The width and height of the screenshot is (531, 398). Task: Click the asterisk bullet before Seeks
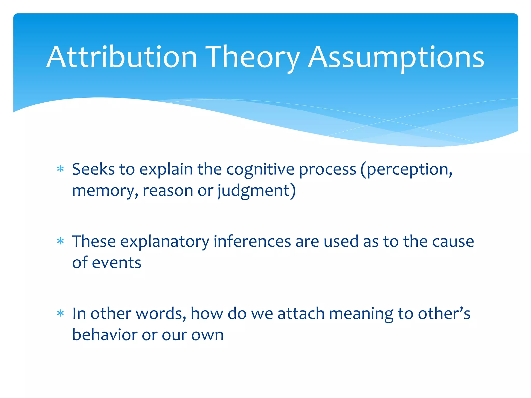[60, 169]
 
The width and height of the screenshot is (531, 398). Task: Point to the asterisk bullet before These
[60, 241]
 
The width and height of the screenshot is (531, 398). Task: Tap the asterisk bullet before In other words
[60, 314]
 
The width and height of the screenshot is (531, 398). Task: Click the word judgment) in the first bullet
[256, 191]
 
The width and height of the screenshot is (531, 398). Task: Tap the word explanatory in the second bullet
[164, 242]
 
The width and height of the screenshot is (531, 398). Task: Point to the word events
[116, 263]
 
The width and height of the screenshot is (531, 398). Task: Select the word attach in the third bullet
[301, 314]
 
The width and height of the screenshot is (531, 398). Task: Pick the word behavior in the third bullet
[104, 335]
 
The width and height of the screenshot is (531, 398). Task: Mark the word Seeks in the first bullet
[93, 169]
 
